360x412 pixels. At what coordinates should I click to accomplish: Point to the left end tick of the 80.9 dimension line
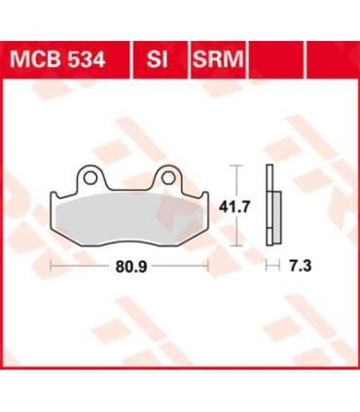tap(52, 264)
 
